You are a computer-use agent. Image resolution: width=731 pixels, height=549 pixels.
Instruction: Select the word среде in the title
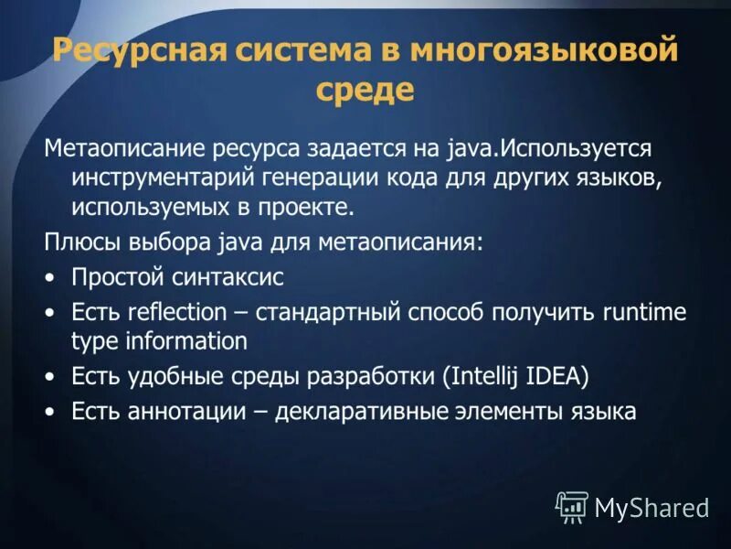pyautogui.click(x=365, y=91)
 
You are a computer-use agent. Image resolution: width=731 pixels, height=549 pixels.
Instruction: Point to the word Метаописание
pyautogui.click(x=126, y=148)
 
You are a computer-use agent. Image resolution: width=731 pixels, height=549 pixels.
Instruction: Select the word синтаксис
pyautogui.click(x=228, y=277)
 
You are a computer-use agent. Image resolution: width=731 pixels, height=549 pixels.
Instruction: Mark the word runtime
pyautogui.click(x=643, y=312)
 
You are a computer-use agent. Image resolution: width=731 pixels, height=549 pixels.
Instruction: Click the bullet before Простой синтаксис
pyautogui.click(x=50, y=277)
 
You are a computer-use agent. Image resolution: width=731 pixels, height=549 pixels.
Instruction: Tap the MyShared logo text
pyautogui.click(x=652, y=507)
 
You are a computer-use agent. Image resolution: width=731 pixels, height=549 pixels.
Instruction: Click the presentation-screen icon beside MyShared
pyautogui.click(x=572, y=506)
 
